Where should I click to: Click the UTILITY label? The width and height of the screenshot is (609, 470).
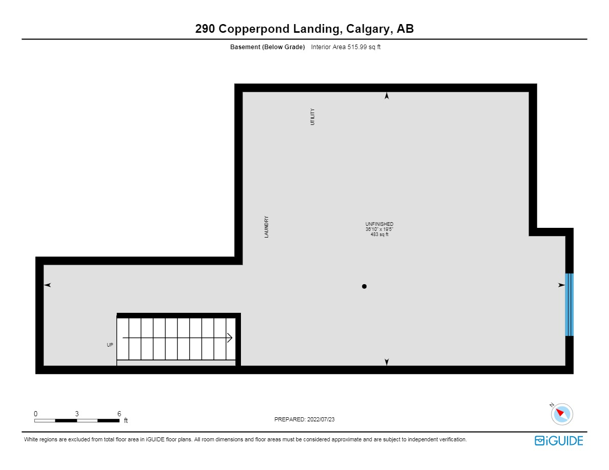313,117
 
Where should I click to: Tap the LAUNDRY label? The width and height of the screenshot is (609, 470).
267,226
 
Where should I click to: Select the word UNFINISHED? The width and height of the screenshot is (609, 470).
379,224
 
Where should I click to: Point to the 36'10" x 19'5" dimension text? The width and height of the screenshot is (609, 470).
379,229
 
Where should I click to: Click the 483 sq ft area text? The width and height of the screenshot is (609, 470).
379,234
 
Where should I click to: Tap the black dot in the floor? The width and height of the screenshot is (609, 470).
364,286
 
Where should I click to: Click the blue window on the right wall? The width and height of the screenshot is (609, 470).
569,305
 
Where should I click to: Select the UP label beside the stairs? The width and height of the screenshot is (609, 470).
110,345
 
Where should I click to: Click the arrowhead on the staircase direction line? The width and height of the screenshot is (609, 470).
230,338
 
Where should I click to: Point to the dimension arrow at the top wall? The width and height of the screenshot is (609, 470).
387,96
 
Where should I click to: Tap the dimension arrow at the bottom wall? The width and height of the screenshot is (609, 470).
387,362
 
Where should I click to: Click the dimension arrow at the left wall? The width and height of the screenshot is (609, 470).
48,285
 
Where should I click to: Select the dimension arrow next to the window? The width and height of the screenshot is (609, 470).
561,285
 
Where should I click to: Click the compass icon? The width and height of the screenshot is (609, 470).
562,414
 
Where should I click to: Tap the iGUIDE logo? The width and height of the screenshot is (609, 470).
559,440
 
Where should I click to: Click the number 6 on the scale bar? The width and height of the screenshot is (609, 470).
119,414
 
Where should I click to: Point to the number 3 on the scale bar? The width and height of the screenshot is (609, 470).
77,414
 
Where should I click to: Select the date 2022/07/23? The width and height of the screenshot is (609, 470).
321,419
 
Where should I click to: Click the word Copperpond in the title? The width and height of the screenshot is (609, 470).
279,29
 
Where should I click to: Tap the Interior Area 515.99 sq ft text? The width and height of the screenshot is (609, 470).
346,47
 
